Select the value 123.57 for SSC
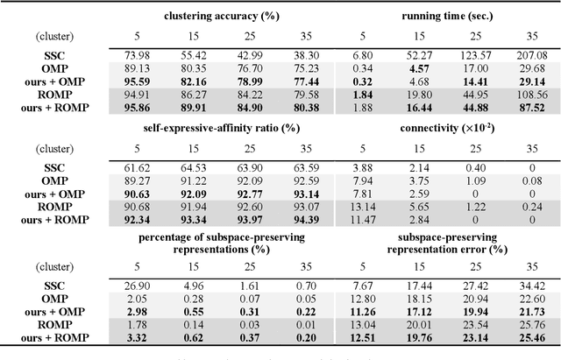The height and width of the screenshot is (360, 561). (x=477, y=53)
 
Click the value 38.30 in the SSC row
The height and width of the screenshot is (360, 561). (x=280, y=53)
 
